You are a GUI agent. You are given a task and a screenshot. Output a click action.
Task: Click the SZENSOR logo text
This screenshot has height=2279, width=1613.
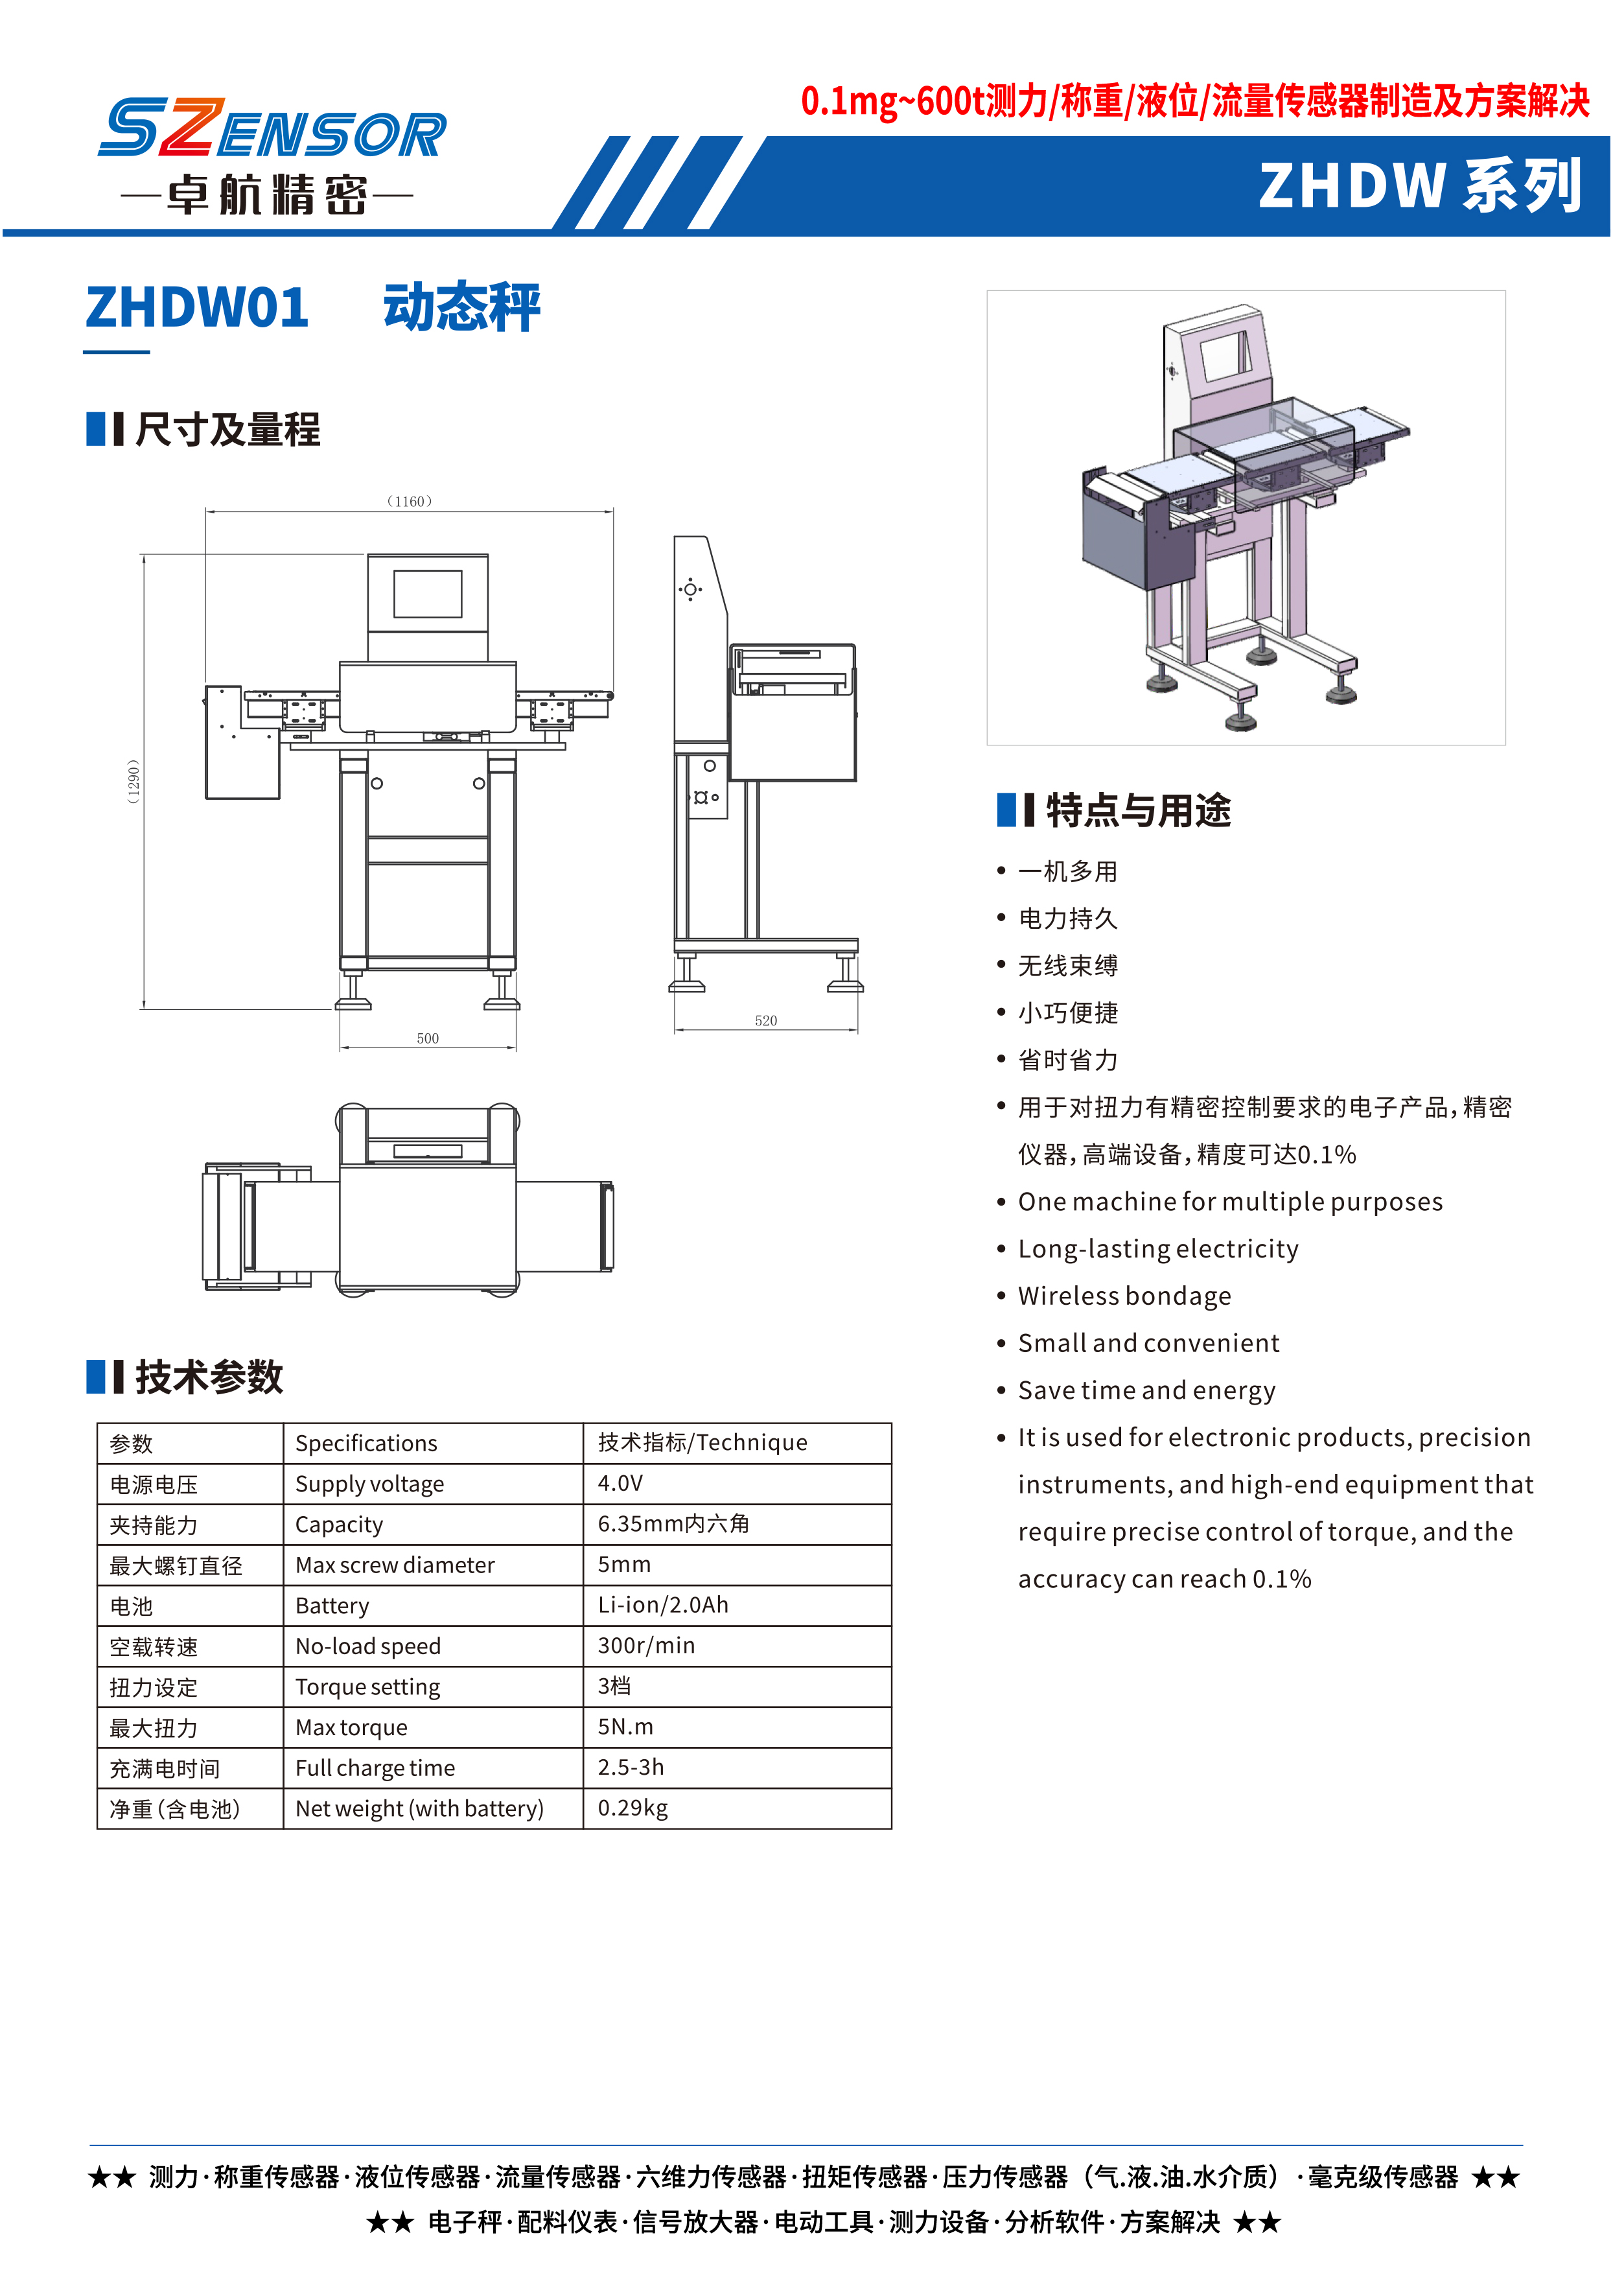tap(272, 128)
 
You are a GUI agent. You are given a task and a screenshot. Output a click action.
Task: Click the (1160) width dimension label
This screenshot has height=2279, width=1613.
tap(409, 502)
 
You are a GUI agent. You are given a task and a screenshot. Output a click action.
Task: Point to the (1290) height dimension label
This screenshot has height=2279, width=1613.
tap(133, 782)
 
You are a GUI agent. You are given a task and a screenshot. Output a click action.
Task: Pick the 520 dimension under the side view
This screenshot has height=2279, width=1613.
tap(766, 1020)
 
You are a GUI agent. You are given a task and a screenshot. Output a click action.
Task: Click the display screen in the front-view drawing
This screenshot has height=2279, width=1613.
tap(428, 594)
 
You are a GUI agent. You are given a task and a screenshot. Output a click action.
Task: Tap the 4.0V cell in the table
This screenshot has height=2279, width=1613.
tap(621, 1483)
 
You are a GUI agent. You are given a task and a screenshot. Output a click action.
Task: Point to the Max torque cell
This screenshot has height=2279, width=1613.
tap(352, 1727)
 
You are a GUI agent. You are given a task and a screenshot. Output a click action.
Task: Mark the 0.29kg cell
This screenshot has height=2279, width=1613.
tap(632, 1808)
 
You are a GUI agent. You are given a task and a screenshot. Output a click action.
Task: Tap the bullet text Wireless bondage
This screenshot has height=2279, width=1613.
tap(1124, 1296)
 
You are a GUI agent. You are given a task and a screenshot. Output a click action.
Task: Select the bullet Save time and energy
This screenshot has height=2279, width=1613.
tap(1147, 1391)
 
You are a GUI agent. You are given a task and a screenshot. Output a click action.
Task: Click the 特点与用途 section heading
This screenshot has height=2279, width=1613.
tap(1138, 811)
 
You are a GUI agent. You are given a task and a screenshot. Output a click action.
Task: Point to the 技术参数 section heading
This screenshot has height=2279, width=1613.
tap(209, 1377)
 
